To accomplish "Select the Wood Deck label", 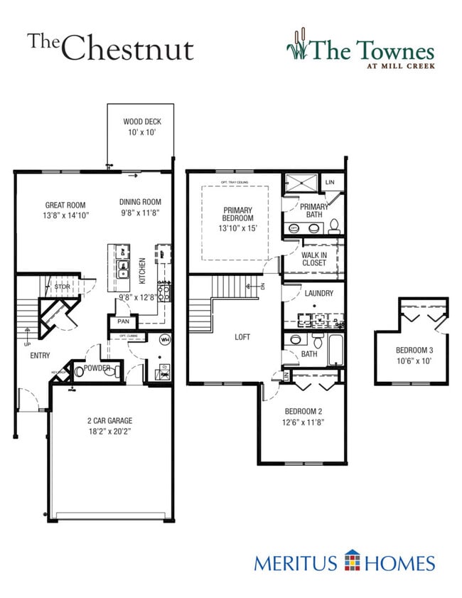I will click(142, 122).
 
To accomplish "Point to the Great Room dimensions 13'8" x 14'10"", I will click(65, 215).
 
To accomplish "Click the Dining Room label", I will click(140, 202).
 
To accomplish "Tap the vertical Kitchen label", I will click(142, 271).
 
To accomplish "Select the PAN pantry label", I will click(123, 322).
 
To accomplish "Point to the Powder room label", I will click(97, 368).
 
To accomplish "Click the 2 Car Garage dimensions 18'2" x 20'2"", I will click(110, 431).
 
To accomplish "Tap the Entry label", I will click(40, 355).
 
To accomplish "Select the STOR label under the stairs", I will click(62, 287).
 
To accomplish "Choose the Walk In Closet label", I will click(313, 258).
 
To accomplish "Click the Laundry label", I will click(314, 292).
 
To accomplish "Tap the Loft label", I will click(243, 338).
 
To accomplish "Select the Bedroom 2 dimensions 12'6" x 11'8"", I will click(304, 422).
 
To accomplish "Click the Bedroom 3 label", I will click(412, 350).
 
